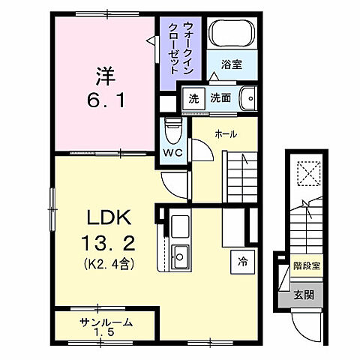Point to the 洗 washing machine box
pyautogui.click(x=194, y=97)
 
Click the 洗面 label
pyautogui.click(x=220, y=97)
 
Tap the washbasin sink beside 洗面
pyautogui.click(x=247, y=97)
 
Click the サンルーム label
pyautogui.click(x=106, y=322)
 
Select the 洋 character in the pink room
pyautogui.click(x=105, y=75)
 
